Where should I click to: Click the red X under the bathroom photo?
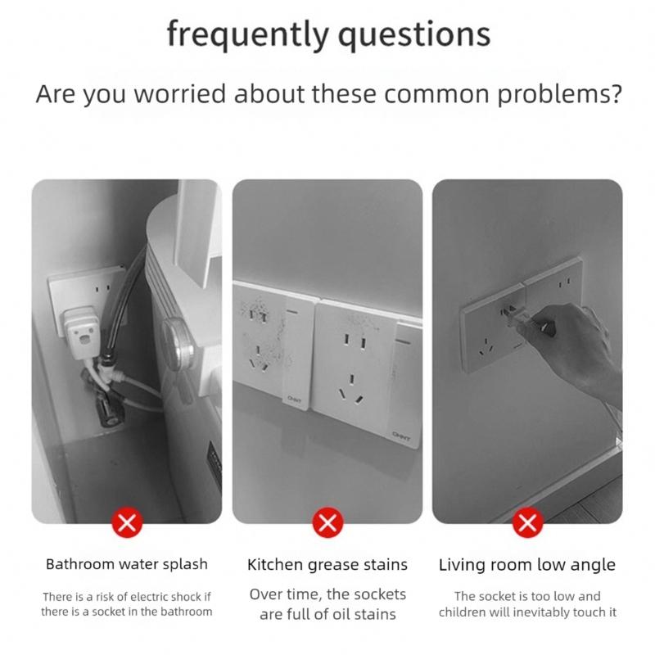pos(126,522)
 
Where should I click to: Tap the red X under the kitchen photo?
pos(327,522)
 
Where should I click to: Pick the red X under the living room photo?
pos(528,522)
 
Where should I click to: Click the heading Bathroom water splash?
pos(126,564)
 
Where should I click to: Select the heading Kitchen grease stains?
pos(327,564)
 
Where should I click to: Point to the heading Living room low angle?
pos(527,564)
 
